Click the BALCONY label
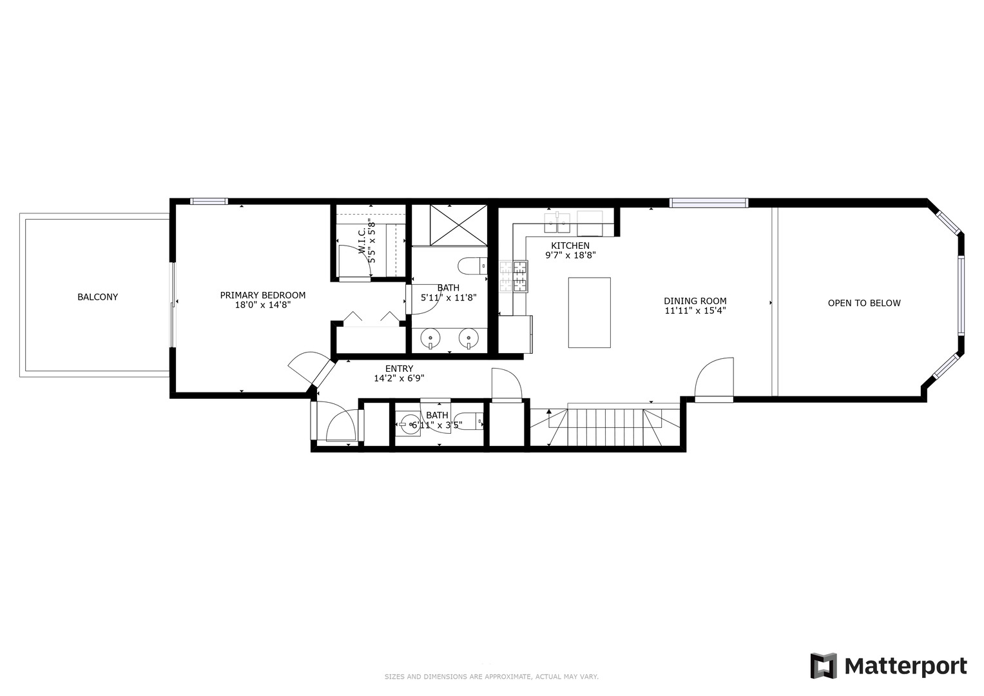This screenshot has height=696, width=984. click(x=97, y=297)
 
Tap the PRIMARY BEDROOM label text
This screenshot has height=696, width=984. click(x=262, y=295)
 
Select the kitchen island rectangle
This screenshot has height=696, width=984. click(x=589, y=313)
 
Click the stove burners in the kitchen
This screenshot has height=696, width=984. click(x=513, y=276)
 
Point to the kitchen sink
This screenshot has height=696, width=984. click(x=557, y=223)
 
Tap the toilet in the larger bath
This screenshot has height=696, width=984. click(x=472, y=266)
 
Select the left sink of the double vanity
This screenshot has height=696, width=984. click(x=430, y=337)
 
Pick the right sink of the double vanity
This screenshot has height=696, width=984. click(x=468, y=337)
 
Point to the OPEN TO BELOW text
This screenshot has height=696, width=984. click(x=863, y=303)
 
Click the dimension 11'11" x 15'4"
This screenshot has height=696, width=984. click(x=695, y=311)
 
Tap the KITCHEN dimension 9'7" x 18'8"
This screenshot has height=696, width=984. click(x=570, y=255)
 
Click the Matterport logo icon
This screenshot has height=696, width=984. click(x=823, y=666)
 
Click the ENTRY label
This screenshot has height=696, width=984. click(x=399, y=369)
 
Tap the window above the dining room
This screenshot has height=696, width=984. click(x=708, y=203)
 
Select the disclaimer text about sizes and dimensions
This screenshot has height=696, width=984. click(x=491, y=677)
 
